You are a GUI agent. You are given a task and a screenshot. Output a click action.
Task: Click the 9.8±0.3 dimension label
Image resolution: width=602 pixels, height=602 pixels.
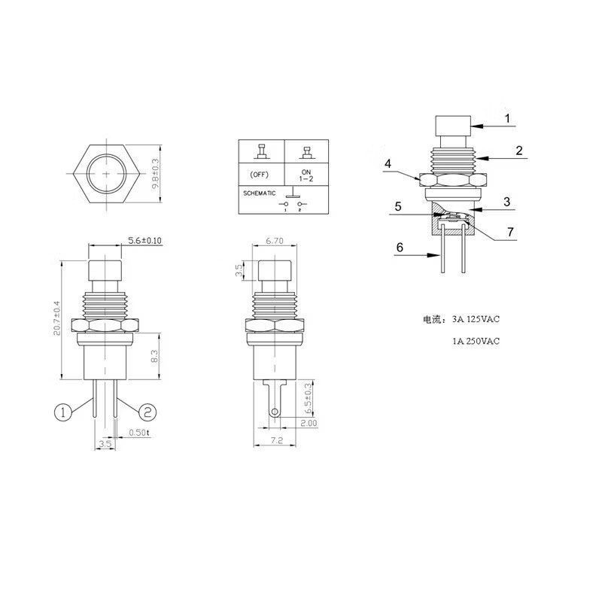pos(156,174)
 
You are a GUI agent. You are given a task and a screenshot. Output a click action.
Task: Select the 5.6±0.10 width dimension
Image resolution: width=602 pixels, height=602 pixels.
pos(144,241)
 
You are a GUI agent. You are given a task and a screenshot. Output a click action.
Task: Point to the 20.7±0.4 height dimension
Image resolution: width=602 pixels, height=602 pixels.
pos(57,318)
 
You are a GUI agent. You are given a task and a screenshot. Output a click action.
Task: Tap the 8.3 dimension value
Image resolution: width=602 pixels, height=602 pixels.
pos(154,356)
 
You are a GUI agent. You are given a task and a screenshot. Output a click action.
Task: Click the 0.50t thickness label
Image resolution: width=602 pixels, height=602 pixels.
pos(138,432)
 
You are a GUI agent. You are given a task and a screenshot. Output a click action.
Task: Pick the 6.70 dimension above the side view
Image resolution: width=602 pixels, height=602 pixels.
pos(275,241)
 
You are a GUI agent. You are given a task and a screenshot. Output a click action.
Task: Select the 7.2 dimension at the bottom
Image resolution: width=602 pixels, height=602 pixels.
pos(276,440)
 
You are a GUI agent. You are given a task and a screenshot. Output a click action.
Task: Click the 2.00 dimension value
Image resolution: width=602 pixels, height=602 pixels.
pos(309,423)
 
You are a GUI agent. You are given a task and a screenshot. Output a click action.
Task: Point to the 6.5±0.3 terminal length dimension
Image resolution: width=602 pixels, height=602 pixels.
pos(308,398)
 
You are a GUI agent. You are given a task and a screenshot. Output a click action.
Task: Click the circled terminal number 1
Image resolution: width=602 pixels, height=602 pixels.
pos(63,412)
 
